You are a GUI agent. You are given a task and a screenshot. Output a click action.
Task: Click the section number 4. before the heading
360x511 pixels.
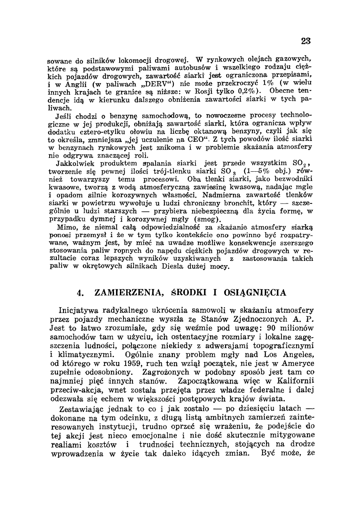(x=81, y=293)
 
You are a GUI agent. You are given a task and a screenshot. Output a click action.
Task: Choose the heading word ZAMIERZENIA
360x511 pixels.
(x=127, y=293)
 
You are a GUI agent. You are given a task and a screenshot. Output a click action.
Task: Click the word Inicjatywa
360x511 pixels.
(x=78, y=310)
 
